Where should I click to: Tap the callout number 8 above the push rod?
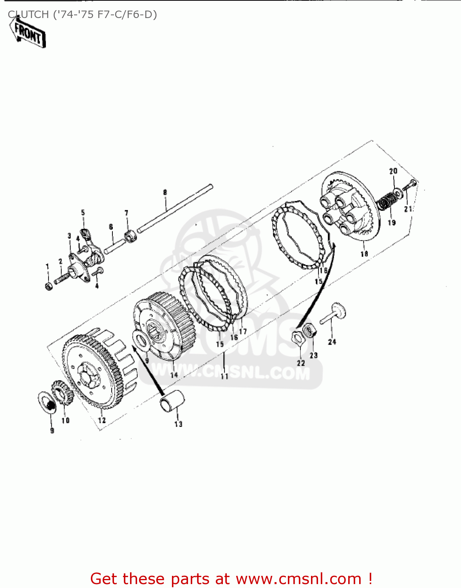click(x=165, y=192)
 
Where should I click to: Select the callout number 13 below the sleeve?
click(x=178, y=424)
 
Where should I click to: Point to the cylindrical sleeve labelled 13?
click(x=172, y=401)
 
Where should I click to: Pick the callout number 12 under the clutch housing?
click(x=102, y=420)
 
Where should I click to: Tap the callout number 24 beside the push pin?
click(x=332, y=342)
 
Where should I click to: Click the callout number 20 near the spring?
click(x=393, y=171)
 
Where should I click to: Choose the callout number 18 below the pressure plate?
click(x=364, y=254)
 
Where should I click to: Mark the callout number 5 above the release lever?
click(x=83, y=213)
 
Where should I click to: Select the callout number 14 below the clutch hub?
click(x=174, y=374)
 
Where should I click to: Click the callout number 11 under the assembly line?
click(x=224, y=376)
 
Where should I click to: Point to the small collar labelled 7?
click(x=130, y=236)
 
